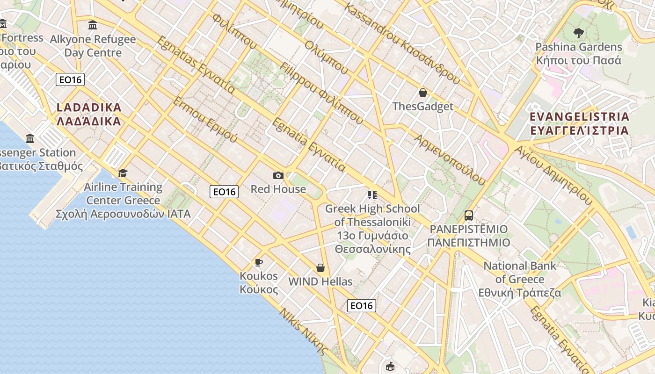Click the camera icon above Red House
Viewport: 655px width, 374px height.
point(278,175)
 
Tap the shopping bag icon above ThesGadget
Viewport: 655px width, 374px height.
point(423,93)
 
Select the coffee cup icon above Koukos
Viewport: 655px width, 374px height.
point(259,262)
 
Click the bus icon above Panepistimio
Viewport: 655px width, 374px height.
point(469,216)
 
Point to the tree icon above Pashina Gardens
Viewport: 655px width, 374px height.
point(579,33)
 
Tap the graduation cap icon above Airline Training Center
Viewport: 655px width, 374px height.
point(123,173)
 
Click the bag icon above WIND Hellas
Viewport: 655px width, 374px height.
point(320,268)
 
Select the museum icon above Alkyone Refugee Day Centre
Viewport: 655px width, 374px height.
point(93,25)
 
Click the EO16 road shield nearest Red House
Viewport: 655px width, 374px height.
point(224,191)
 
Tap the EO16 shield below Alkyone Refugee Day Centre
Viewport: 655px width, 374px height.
point(70,79)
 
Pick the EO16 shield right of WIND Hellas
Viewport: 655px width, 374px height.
point(362,306)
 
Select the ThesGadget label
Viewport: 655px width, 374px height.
point(423,107)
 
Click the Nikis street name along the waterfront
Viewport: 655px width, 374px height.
point(303,331)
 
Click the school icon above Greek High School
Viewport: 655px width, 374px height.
point(372,194)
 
